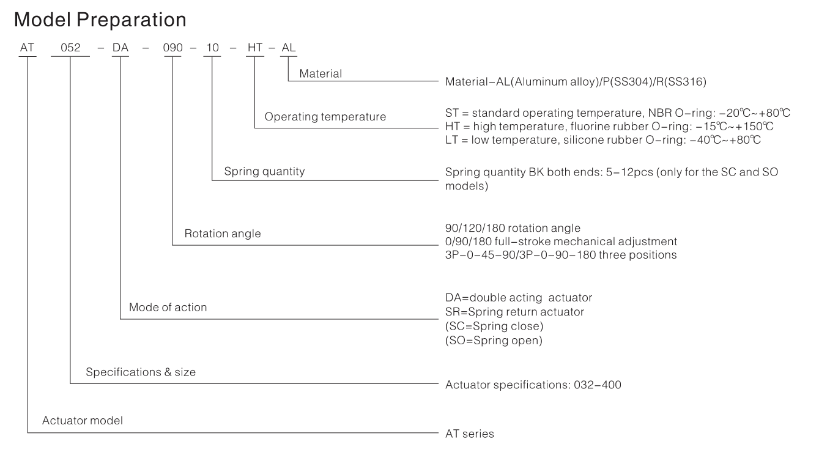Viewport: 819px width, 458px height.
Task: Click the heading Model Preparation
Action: pos(100,20)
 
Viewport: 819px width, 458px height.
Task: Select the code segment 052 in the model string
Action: pos(70,48)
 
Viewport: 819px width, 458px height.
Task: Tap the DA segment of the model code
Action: pos(120,48)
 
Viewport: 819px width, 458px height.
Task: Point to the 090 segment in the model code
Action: pos(172,48)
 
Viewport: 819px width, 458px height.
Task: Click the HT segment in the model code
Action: pos(255,48)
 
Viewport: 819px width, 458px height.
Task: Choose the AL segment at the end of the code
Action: pos(288,48)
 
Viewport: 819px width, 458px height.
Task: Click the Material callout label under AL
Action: pos(321,74)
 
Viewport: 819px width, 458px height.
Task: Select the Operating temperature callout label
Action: pos(325,117)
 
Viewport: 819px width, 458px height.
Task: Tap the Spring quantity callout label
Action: pos(264,171)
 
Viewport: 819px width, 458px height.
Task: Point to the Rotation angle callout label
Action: pos(222,234)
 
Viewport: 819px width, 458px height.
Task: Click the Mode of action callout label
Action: pos(168,308)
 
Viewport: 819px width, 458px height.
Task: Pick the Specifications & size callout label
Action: pos(141,372)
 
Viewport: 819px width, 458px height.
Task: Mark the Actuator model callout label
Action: pos(82,421)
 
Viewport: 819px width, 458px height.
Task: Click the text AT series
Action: pos(470,434)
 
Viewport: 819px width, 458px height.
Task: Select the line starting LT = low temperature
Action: pos(603,140)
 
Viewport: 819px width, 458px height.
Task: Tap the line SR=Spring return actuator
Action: pos(514,312)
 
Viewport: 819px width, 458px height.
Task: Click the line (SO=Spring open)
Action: pos(494,341)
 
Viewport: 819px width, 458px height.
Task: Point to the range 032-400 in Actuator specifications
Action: pos(598,385)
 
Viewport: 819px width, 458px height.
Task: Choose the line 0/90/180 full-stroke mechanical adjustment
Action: pos(561,242)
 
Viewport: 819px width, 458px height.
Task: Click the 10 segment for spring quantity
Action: pos(212,48)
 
